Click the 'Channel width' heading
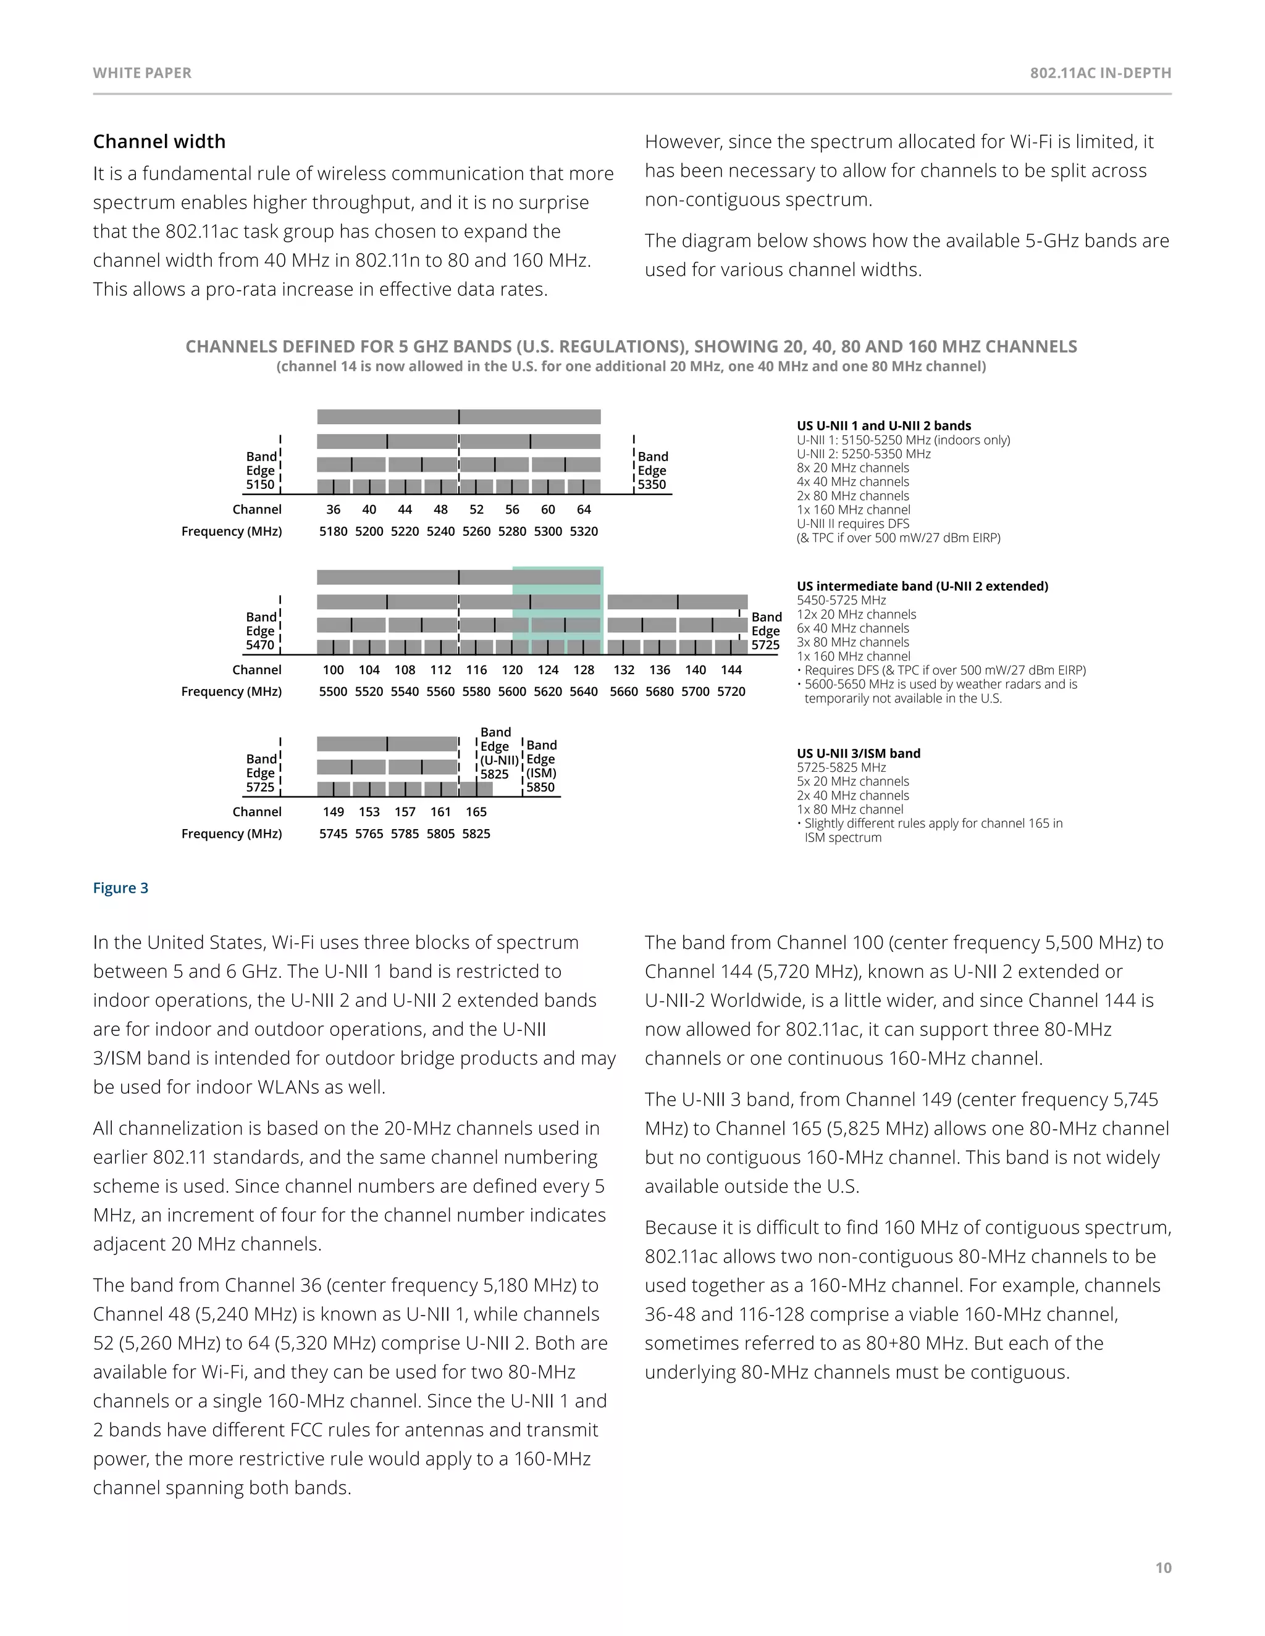click(159, 141)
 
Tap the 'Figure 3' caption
click(120, 888)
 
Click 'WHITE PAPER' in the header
click(143, 73)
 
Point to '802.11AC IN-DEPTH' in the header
click(1100, 73)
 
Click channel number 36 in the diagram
click(334, 509)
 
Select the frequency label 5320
click(584, 531)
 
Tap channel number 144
click(731, 670)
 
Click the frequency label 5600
click(512, 691)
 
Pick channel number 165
click(476, 811)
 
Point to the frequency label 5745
click(334, 833)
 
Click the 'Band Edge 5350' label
click(652, 470)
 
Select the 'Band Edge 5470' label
click(261, 631)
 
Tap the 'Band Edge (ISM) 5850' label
click(541, 766)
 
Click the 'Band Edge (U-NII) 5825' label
click(495, 753)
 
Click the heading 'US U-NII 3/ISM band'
click(858, 754)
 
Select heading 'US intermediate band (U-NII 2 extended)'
click(922, 586)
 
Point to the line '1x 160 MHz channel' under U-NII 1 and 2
click(854, 509)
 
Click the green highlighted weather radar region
click(558, 611)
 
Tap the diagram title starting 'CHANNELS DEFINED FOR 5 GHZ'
click(631, 347)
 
